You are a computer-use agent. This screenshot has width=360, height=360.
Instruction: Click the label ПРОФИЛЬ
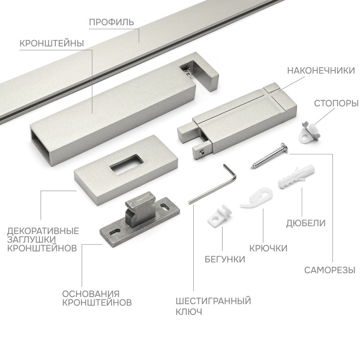click(112, 22)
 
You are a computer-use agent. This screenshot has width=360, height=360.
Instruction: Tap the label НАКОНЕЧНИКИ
click(321, 71)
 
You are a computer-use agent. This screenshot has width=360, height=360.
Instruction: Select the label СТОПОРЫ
click(336, 104)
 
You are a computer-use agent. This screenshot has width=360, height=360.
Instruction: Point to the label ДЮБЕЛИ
click(306, 223)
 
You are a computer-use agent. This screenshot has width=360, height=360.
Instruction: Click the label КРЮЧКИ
click(268, 248)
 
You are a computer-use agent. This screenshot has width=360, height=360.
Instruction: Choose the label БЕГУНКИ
click(225, 259)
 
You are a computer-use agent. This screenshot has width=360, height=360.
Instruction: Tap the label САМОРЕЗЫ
click(329, 270)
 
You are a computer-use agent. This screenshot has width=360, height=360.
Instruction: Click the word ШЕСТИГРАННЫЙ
click(213, 301)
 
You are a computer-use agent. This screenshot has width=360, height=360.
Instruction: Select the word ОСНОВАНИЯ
click(91, 294)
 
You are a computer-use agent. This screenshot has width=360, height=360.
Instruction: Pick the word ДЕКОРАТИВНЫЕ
click(43, 231)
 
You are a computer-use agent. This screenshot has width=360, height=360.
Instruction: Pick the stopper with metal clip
click(309, 133)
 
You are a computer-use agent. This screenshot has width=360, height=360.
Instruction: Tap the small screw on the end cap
click(202, 152)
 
